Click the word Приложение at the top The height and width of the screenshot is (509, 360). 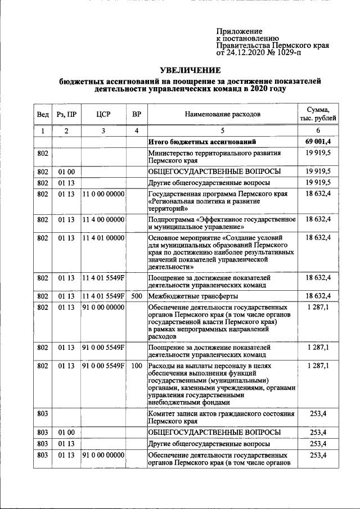tap(240, 31)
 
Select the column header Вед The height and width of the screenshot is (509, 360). tap(43, 115)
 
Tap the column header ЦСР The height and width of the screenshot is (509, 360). tap(103, 115)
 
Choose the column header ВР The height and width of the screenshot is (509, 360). tap(136, 115)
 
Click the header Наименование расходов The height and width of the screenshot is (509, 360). tap(223, 115)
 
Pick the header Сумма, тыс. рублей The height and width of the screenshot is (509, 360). tap(318, 114)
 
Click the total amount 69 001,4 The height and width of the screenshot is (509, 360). tap(318, 141)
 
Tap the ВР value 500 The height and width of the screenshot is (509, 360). tap(136, 295)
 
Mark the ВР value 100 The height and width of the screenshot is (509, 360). tap(136, 366)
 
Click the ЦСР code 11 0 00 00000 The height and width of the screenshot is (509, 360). tap(103, 194)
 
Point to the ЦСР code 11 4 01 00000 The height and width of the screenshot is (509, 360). tap(103, 238)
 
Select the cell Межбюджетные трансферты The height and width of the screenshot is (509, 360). tap(192, 296)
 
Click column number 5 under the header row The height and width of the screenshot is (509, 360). tap(223, 130)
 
